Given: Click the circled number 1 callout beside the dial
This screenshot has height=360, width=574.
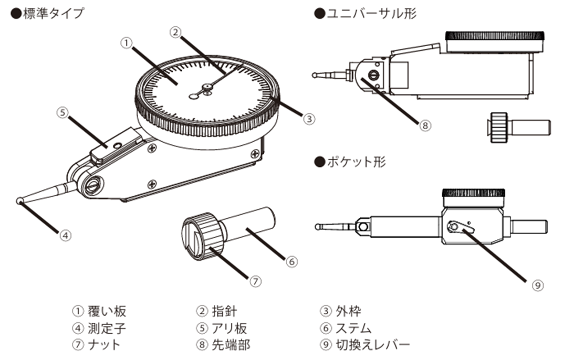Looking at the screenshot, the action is pyautogui.click(x=126, y=43).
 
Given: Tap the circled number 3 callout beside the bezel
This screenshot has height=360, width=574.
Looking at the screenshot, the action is pyautogui.click(x=309, y=119).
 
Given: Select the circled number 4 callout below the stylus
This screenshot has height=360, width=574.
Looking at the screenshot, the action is pyautogui.click(x=65, y=235).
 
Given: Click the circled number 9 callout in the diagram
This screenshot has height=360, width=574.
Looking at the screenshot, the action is pyautogui.click(x=537, y=285).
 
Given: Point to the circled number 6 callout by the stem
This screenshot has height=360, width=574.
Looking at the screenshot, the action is pyautogui.click(x=291, y=261).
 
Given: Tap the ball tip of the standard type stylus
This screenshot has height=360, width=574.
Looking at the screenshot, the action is pyautogui.click(x=19, y=201).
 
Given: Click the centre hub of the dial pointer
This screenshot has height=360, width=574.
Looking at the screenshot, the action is pyautogui.click(x=207, y=88).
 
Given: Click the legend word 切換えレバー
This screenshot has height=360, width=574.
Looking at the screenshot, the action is pyautogui.click(x=373, y=345).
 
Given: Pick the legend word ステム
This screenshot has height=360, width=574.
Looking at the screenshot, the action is pyautogui.click(x=353, y=328).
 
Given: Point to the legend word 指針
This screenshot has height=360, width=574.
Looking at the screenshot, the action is pyautogui.click(x=224, y=311).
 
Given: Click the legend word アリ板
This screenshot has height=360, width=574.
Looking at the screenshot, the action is pyautogui.click(x=229, y=328).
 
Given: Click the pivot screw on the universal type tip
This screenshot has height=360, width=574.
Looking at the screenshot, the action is pyautogui.click(x=373, y=75).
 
